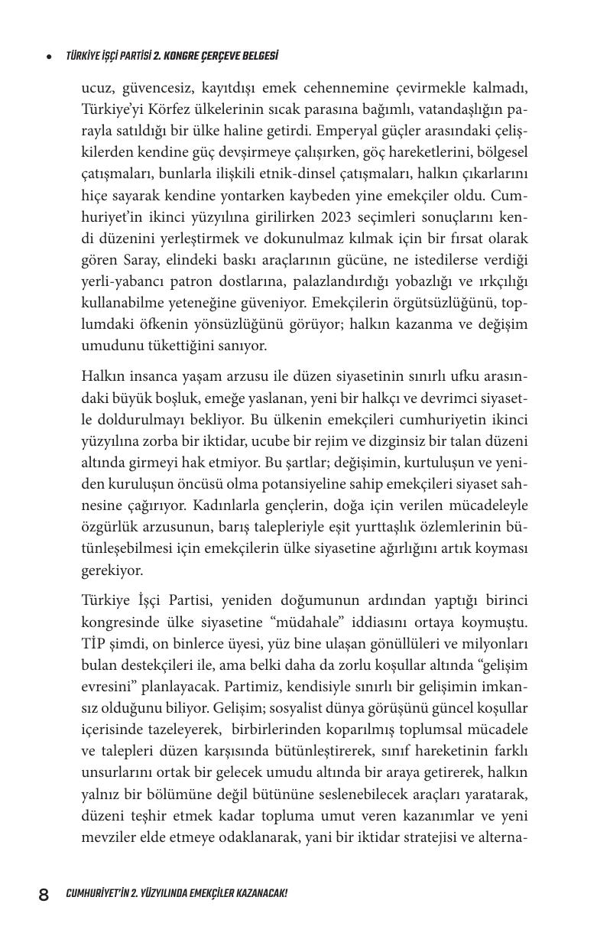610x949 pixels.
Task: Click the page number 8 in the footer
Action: [x=44, y=894]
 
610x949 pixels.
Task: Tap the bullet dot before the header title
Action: [x=49, y=57]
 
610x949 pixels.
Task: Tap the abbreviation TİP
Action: [x=95, y=644]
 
